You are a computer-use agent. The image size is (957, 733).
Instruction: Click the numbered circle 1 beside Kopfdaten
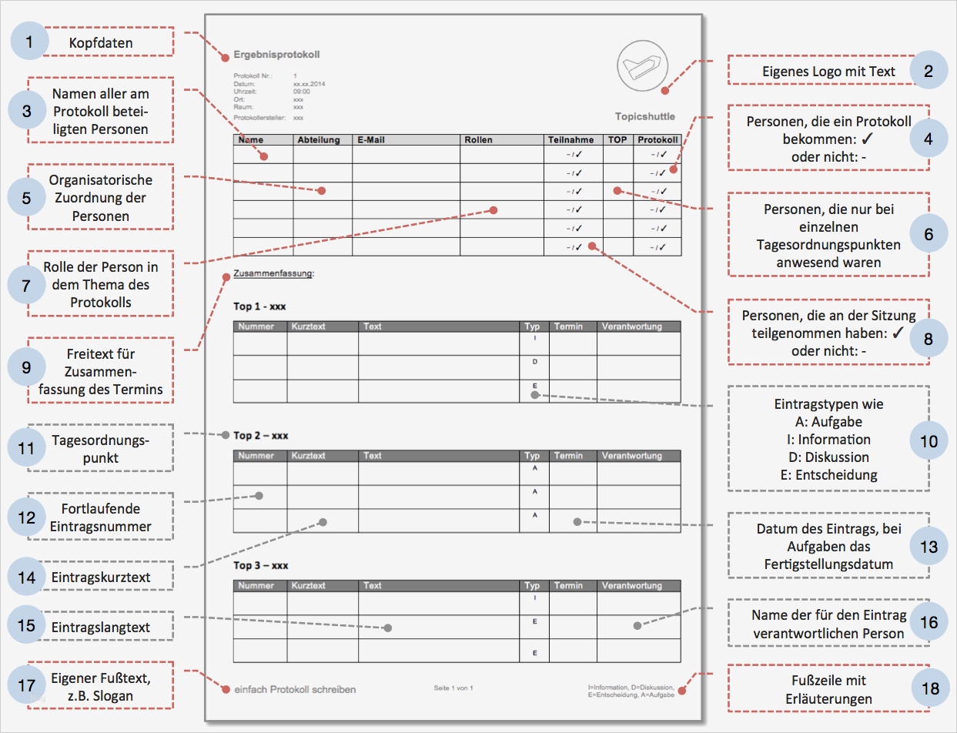click(x=29, y=43)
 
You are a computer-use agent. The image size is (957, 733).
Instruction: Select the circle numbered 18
click(x=929, y=689)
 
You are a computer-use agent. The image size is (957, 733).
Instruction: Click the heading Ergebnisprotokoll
click(x=276, y=55)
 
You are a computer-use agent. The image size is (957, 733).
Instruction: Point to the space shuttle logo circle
click(x=643, y=65)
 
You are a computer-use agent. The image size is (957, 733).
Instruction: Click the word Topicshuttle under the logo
click(x=644, y=116)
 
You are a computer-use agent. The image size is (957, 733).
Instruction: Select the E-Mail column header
click(x=371, y=140)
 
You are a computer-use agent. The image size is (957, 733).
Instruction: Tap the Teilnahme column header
click(x=571, y=140)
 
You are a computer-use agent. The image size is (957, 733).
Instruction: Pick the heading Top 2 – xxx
click(x=261, y=436)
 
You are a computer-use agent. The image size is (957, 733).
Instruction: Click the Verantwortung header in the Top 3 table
click(x=632, y=586)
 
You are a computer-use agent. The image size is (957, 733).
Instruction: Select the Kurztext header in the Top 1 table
click(x=309, y=326)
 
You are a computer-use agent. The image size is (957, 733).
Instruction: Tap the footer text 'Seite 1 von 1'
click(x=453, y=688)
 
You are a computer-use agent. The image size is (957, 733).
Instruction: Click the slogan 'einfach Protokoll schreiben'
click(x=295, y=689)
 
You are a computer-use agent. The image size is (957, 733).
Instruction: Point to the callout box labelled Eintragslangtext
click(x=100, y=627)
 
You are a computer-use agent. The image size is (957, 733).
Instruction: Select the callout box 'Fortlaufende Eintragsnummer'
click(x=100, y=518)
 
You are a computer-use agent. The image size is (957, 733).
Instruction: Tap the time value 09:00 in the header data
click(x=302, y=91)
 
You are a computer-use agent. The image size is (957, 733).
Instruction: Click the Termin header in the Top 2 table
click(x=568, y=456)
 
